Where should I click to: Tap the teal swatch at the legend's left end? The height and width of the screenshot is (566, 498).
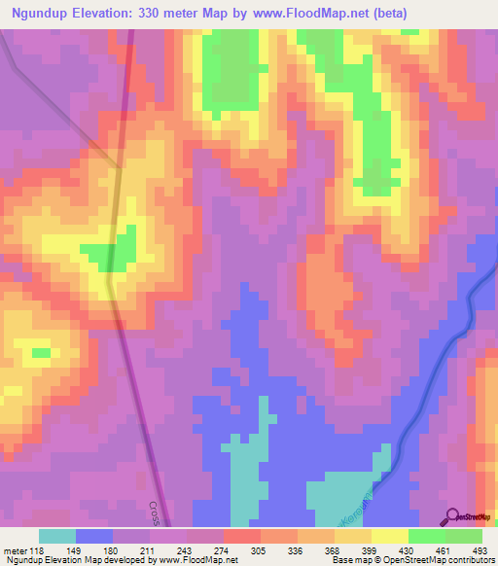pos(57,535)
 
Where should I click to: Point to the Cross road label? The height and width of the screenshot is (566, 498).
pos(154,513)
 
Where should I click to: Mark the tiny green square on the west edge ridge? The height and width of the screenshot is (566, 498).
pos(40,352)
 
